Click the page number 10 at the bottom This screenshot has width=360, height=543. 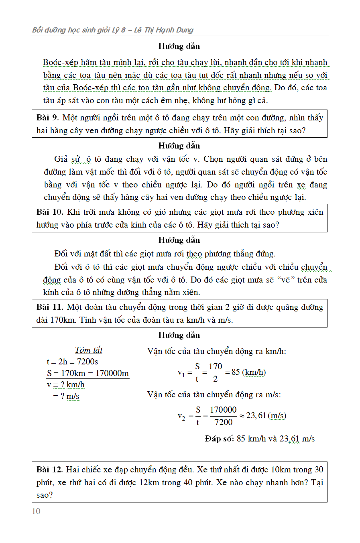pos(36,511)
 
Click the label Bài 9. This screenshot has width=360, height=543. pos(48,118)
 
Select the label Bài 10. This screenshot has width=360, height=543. pos(50,212)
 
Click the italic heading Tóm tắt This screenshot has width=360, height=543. pos(89,350)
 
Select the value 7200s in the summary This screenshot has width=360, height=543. pos(87,362)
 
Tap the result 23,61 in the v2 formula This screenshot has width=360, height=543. pos(256,415)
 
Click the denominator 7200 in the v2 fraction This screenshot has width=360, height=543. pos(223,422)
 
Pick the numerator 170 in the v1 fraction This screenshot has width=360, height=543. pos(215,366)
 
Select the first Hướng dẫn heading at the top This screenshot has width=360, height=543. pos(179,46)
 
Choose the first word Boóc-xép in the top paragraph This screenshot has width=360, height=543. pos(60,62)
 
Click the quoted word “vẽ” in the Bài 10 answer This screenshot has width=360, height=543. pos(285,280)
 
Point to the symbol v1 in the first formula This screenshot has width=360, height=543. pos(181,373)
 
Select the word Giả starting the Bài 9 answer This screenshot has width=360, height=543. pos(61,159)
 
